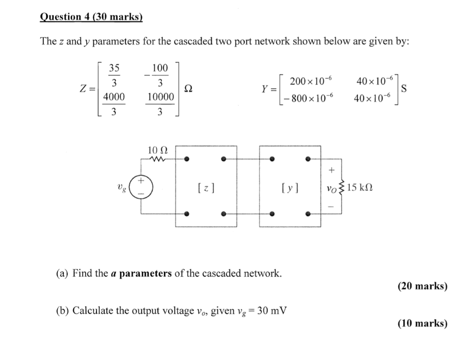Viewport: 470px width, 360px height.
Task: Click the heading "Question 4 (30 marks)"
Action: coord(91,17)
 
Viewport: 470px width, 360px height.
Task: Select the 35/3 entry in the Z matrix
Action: coord(114,75)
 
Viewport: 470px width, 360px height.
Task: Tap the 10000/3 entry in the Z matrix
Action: coord(160,104)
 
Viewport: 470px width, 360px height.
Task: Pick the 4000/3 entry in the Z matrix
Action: coord(113,104)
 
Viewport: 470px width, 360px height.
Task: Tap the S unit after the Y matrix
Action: coord(404,89)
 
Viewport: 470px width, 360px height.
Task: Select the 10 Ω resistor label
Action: coord(157,150)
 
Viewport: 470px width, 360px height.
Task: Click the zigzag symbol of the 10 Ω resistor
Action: coord(157,159)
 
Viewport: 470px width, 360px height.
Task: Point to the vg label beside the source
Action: coord(121,187)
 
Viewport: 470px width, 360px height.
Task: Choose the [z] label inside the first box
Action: coord(206,187)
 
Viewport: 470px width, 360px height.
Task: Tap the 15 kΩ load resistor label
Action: coord(360,187)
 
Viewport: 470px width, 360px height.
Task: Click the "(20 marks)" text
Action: coord(422,286)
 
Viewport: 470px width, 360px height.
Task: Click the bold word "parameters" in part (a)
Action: coord(145,274)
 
